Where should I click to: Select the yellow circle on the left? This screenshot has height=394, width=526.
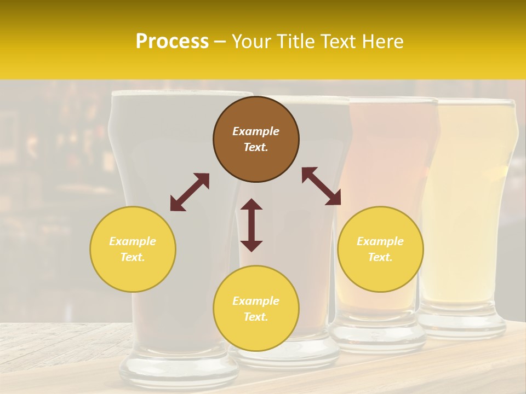pyautogui.click(x=133, y=249)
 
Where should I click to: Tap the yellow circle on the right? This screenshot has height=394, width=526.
pyautogui.click(x=380, y=249)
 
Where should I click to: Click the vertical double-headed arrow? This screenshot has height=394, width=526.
pyautogui.click(x=251, y=225)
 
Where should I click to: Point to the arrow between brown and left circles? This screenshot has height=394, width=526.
pyautogui.click(x=190, y=192)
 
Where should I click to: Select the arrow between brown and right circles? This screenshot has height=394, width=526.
pyautogui.click(x=321, y=186)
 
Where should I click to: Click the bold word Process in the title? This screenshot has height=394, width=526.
pyautogui.click(x=172, y=42)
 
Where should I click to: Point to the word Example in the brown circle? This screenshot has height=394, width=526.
pyautogui.click(x=256, y=131)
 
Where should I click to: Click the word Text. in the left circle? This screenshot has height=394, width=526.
pyautogui.click(x=133, y=257)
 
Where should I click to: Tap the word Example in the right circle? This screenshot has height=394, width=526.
pyautogui.click(x=380, y=241)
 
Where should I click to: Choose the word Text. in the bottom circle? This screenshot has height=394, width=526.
pyautogui.click(x=256, y=317)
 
